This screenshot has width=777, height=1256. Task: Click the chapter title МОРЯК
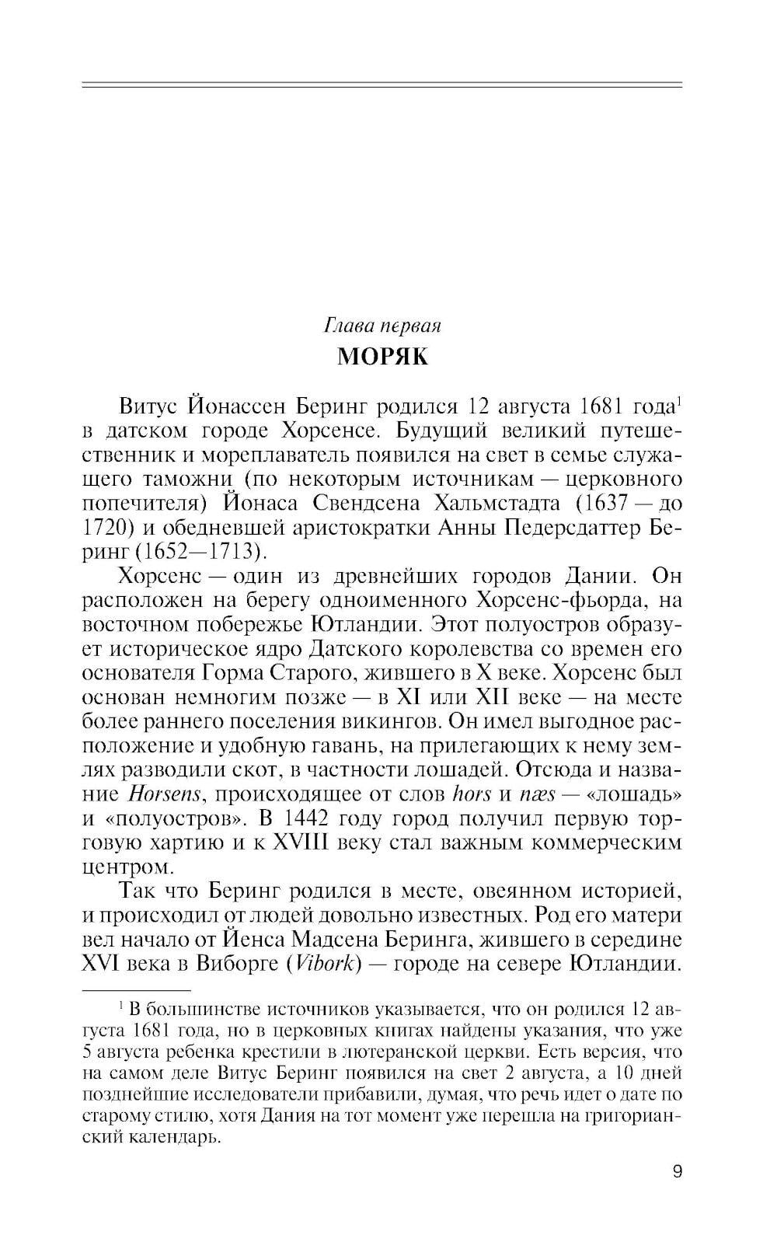pos(382,358)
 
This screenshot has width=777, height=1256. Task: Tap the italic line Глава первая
pos(382,325)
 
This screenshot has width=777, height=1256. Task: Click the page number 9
pos(677,1171)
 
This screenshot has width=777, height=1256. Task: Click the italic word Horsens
pos(164,794)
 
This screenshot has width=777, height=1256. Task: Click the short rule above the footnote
pos(136,991)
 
